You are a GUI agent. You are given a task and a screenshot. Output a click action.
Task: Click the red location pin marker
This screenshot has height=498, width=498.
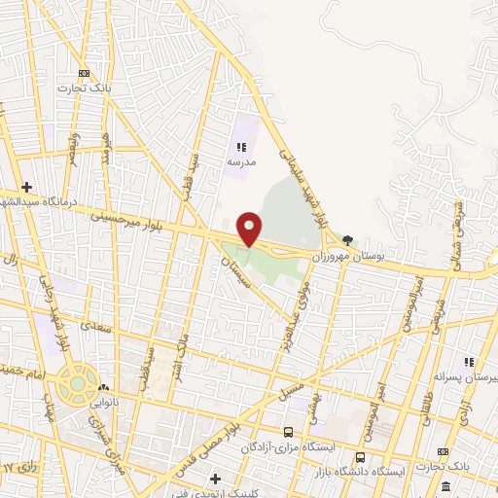click(250, 228)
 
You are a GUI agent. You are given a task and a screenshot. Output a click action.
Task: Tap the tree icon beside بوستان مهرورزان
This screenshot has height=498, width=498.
click(348, 240)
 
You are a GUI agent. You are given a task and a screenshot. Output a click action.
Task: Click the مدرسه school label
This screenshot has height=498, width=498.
click(239, 162)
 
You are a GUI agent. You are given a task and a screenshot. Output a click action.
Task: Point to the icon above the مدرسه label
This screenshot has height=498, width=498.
click(239, 147)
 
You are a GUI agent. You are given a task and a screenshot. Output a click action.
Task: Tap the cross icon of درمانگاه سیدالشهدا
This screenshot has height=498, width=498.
click(26, 187)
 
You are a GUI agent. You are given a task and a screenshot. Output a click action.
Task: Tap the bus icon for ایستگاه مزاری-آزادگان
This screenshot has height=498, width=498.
click(287, 432)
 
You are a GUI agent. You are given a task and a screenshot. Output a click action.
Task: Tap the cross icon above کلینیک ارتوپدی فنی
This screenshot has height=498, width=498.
click(215, 478)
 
